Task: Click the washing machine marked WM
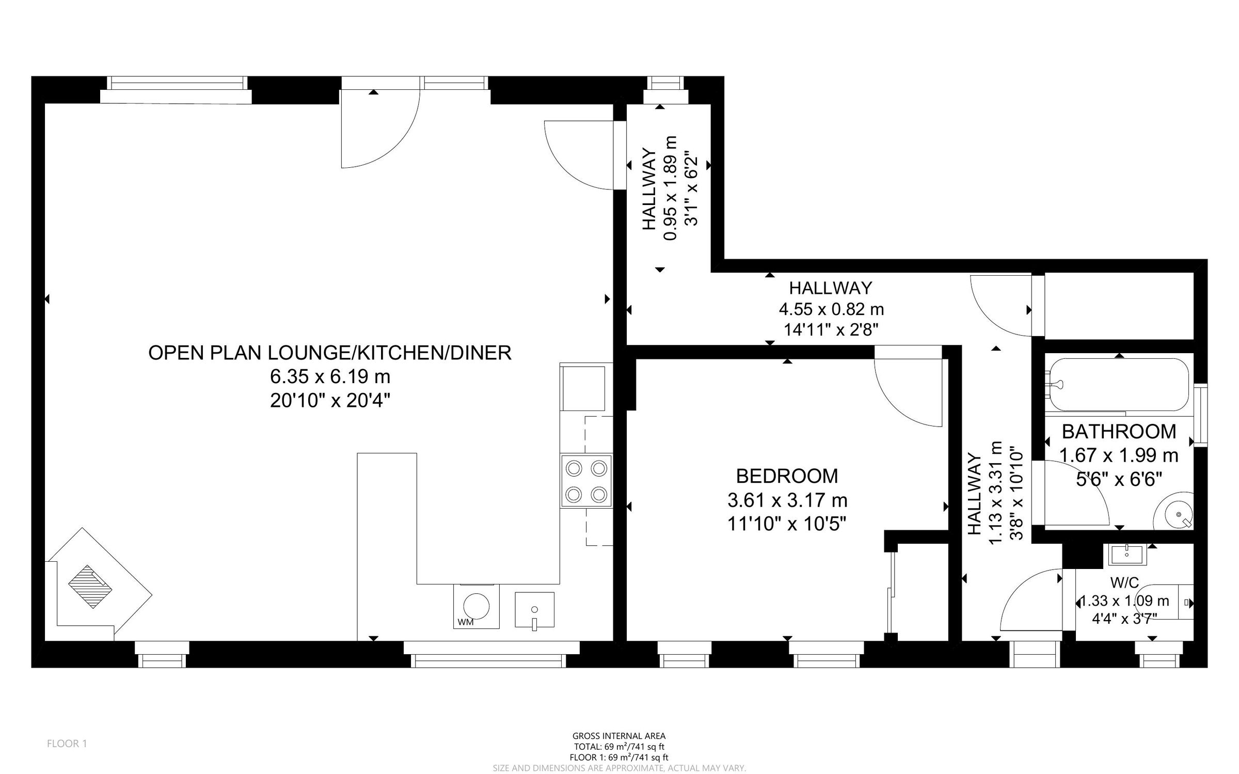coord(476,606)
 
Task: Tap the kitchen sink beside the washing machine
coord(534,610)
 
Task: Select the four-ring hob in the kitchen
coord(586,481)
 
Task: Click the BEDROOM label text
coord(787,476)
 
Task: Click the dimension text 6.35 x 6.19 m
coord(330,376)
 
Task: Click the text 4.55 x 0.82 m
coord(831,309)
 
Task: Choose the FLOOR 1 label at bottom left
coord(67,744)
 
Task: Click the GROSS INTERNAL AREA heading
coord(619,736)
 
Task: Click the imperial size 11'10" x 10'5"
coord(787,524)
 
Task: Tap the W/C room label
coord(1124,582)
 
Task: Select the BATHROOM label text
coord(1118,431)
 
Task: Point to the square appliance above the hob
coord(583,388)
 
